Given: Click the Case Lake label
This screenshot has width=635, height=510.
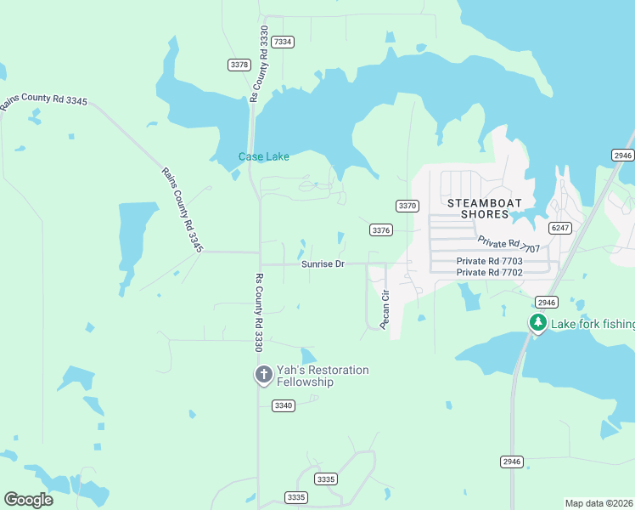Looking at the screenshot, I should point(263,156).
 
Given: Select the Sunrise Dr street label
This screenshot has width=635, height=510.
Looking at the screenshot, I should point(323,264).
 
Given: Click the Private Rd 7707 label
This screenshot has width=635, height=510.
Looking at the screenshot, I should point(509,245).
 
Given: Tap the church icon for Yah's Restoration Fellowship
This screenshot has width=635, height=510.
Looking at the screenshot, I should point(264,375).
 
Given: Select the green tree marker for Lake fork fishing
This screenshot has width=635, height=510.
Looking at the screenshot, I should point(537,324).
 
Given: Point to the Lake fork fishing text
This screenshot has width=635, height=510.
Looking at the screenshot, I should point(593,324).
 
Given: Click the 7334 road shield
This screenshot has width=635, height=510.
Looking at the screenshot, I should point(284,42).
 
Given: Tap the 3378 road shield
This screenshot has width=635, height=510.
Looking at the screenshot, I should point(239,65).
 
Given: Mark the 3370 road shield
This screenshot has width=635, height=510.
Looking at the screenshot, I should point(407,206).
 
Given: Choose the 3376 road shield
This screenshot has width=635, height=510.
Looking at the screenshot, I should point(381,230).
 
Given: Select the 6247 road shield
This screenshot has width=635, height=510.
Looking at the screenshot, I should point(559,228).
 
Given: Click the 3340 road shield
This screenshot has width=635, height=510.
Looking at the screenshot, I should point(284,405).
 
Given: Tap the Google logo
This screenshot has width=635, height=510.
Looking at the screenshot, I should point(28,500).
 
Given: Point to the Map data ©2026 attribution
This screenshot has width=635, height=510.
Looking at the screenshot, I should point(598,503).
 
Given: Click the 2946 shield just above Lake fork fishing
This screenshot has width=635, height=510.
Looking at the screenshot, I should point(546,303).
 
